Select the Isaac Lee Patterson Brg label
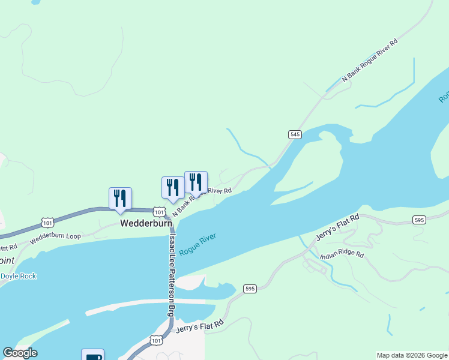tap(172, 275)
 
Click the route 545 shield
tap(294, 134)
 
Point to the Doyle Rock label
tap(19, 276)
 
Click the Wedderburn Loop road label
tap(55, 236)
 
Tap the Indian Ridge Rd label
tap(342, 255)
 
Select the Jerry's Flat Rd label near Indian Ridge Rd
tap(337, 229)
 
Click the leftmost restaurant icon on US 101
tap(120, 198)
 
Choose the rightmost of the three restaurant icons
tap(196, 182)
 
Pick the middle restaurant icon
tap(173, 187)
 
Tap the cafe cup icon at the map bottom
tap(93, 356)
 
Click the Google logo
tap(20, 353)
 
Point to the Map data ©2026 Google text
tap(412, 355)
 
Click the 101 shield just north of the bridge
tap(158, 212)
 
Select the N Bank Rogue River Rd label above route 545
tap(370, 61)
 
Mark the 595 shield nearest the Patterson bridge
tap(250, 289)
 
